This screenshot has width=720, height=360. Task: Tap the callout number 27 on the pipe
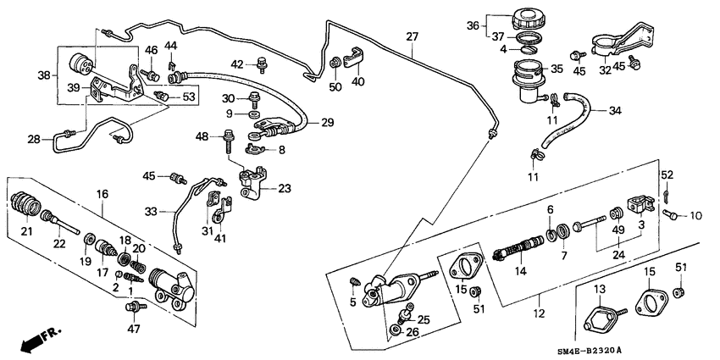coord(412,37)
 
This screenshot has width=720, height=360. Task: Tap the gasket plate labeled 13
coord(600,323)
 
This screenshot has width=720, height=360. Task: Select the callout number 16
coord(102,195)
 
